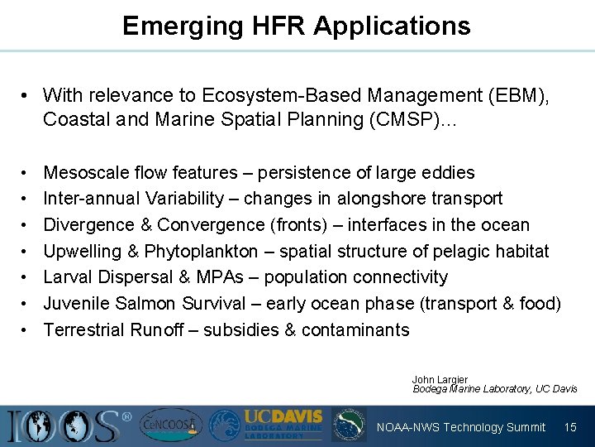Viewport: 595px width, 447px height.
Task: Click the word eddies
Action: click(x=449, y=172)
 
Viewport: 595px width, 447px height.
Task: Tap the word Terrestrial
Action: click(x=83, y=329)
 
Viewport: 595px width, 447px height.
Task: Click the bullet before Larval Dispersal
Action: click(x=27, y=277)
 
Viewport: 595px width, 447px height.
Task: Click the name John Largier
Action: click(x=440, y=380)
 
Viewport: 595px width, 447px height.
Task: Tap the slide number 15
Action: click(x=570, y=427)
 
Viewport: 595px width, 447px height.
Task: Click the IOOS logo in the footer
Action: click(x=66, y=425)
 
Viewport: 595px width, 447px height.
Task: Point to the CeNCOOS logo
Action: click(x=169, y=425)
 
